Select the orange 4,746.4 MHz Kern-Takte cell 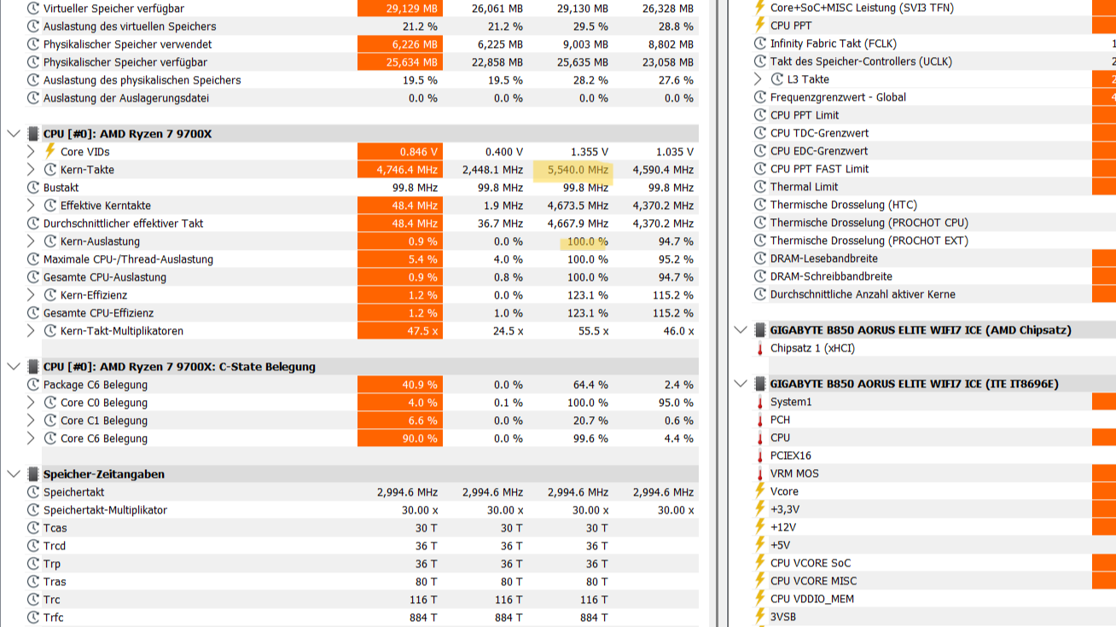pyautogui.click(x=400, y=170)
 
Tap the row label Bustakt pyautogui.click(x=61, y=188)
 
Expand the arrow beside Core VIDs pyautogui.click(x=31, y=152)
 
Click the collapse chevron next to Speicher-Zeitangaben pyautogui.click(x=13, y=474)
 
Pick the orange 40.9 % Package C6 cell pyautogui.click(x=400, y=385)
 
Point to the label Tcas pyautogui.click(x=55, y=528)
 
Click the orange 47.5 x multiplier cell pyautogui.click(x=400, y=331)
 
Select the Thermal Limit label pyautogui.click(x=804, y=187)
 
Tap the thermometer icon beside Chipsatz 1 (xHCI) pyautogui.click(x=759, y=348)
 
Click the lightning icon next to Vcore pyautogui.click(x=759, y=491)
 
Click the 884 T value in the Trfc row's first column pyautogui.click(x=423, y=618)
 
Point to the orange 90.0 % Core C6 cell pyautogui.click(x=400, y=438)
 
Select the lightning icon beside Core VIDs pyautogui.click(x=50, y=152)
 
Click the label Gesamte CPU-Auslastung pyautogui.click(x=104, y=277)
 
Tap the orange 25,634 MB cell pyautogui.click(x=400, y=62)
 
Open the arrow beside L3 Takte pyautogui.click(x=758, y=79)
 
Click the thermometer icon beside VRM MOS pyautogui.click(x=759, y=473)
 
